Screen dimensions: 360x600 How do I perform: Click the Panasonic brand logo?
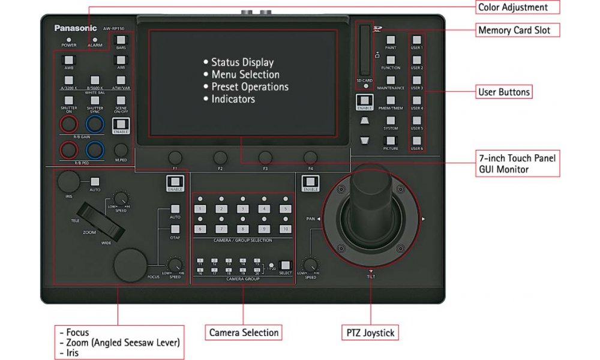(75, 28)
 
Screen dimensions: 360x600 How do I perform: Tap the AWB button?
(68, 60)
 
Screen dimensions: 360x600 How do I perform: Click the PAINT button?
(391, 40)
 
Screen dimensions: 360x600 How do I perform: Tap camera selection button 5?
(286, 209)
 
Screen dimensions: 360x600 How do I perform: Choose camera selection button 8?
(242, 229)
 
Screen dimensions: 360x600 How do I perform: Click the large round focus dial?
(131, 264)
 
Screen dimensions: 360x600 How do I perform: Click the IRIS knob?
(70, 181)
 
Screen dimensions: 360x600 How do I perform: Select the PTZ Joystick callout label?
(371, 332)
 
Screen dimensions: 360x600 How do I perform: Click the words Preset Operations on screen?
(250, 86)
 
